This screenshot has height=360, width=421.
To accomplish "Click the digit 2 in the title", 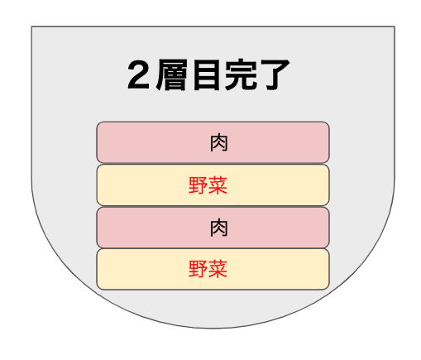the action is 139,74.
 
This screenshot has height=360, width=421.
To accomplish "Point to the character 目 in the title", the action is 206,74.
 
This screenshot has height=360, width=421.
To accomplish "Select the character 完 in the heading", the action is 241,74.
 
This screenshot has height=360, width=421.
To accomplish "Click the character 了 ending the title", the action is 275,74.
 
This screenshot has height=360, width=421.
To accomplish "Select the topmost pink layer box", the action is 213,142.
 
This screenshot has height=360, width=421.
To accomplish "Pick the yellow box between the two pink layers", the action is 213,185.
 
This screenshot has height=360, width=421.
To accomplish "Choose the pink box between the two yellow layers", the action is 213,228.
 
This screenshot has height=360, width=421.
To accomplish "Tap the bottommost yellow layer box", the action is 213,269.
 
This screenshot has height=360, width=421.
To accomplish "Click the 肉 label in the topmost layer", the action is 219,142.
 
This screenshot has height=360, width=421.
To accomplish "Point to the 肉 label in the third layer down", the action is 219,228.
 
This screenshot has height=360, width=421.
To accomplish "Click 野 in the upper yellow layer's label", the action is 199,185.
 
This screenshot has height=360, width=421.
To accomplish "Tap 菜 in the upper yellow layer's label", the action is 218,185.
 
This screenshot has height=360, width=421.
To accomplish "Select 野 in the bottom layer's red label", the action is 199,269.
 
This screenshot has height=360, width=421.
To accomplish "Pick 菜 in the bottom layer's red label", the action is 218,269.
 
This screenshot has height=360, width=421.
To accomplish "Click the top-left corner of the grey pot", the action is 31,26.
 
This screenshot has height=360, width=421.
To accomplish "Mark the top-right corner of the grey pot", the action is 395,26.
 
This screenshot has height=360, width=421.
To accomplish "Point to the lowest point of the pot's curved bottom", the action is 213,329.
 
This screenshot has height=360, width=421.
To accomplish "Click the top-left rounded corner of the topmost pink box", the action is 98,123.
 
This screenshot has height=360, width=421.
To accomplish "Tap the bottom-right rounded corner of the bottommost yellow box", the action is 328,288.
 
